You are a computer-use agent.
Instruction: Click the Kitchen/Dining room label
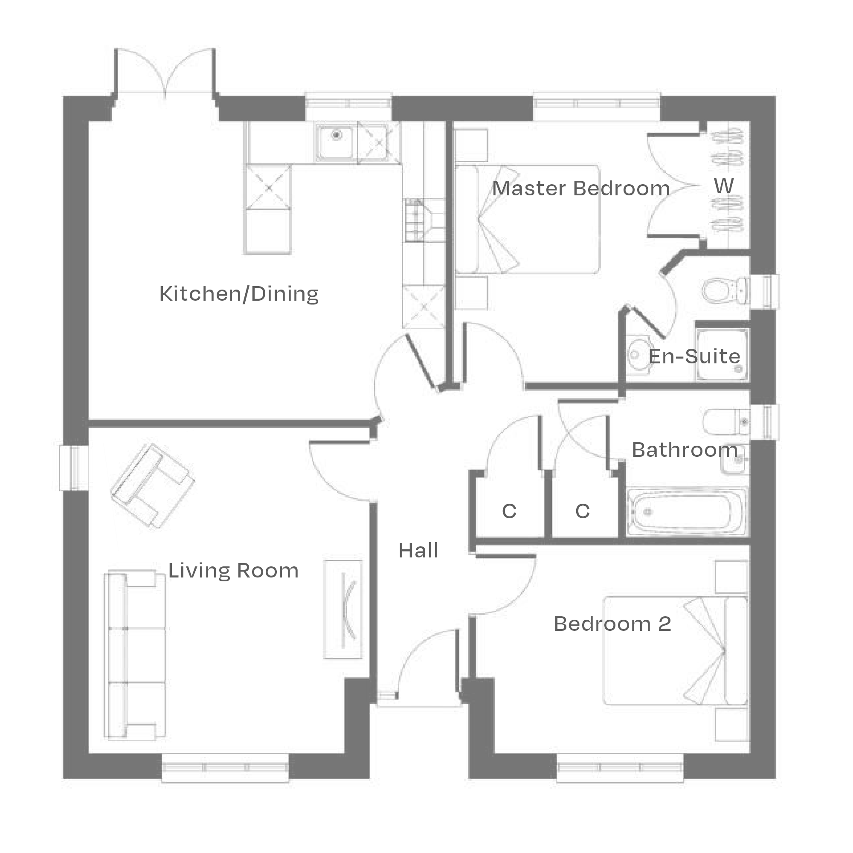click(238, 294)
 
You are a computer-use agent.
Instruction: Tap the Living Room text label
click(233, 570)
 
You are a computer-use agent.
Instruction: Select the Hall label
click(418, 551)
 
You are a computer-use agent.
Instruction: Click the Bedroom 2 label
click(612, 624)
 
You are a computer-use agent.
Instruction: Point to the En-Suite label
click(694, 356)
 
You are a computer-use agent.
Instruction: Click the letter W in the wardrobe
click(724, 186)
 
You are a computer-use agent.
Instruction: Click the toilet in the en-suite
click(724, 291)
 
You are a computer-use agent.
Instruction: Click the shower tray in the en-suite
click(722, 354)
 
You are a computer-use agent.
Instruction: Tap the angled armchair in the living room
click(152, 486)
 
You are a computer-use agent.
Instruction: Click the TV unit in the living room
click(343, 610)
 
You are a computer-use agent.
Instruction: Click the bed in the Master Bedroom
click(528, 219)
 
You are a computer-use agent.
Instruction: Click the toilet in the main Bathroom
click(724, 422)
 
